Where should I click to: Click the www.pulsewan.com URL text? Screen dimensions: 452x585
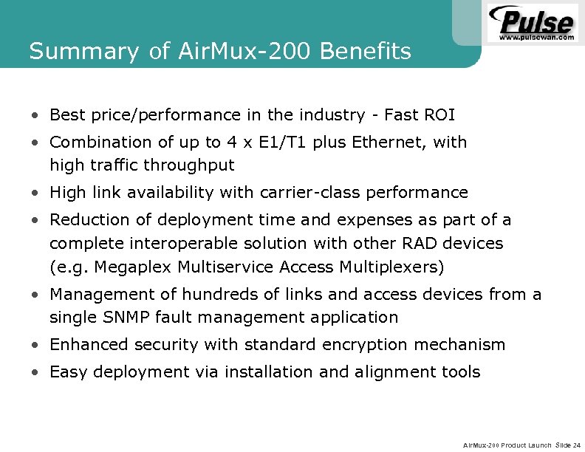(x=537, y=36)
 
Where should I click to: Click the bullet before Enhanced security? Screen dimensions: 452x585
(x=35, y=346)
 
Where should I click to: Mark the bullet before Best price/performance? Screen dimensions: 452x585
(x=35, y=116)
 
